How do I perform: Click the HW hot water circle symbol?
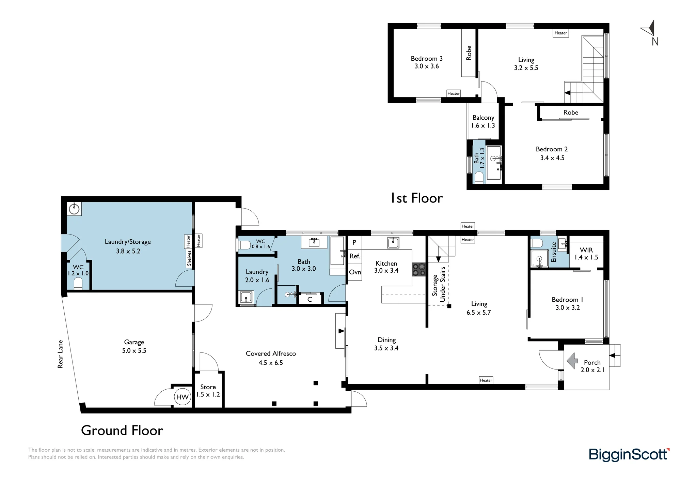pos(183,397)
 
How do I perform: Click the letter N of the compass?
pos(655,42)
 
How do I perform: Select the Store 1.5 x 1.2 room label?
pos(208,391)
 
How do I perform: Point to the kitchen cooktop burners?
pos(419,269)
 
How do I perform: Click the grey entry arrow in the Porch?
pos(572,361)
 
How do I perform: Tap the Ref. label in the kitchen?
pos(355,256)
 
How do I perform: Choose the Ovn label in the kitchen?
pos(355,272)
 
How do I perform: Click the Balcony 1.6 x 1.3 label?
pos(483,121)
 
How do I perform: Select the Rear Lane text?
pos(61,354)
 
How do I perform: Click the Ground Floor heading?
pos(122,431)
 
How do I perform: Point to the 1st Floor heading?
pos(417,198)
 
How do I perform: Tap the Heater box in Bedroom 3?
pos(454,93)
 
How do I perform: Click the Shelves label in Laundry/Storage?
pos(189,258)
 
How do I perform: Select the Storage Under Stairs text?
pos(439,284)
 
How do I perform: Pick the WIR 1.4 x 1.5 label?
pos(586,254)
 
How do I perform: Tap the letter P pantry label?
pos(354,242)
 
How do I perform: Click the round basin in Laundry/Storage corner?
pos(74,209)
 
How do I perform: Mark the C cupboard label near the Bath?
pos(310,300)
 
